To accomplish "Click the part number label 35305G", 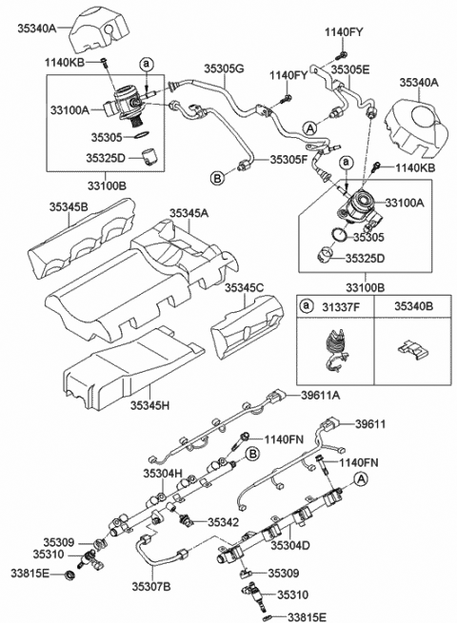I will tap(225, 68).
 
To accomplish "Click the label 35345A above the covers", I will tap(189, 215).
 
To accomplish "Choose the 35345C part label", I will tap(246, 285).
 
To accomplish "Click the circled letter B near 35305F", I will tap(216, 178).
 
